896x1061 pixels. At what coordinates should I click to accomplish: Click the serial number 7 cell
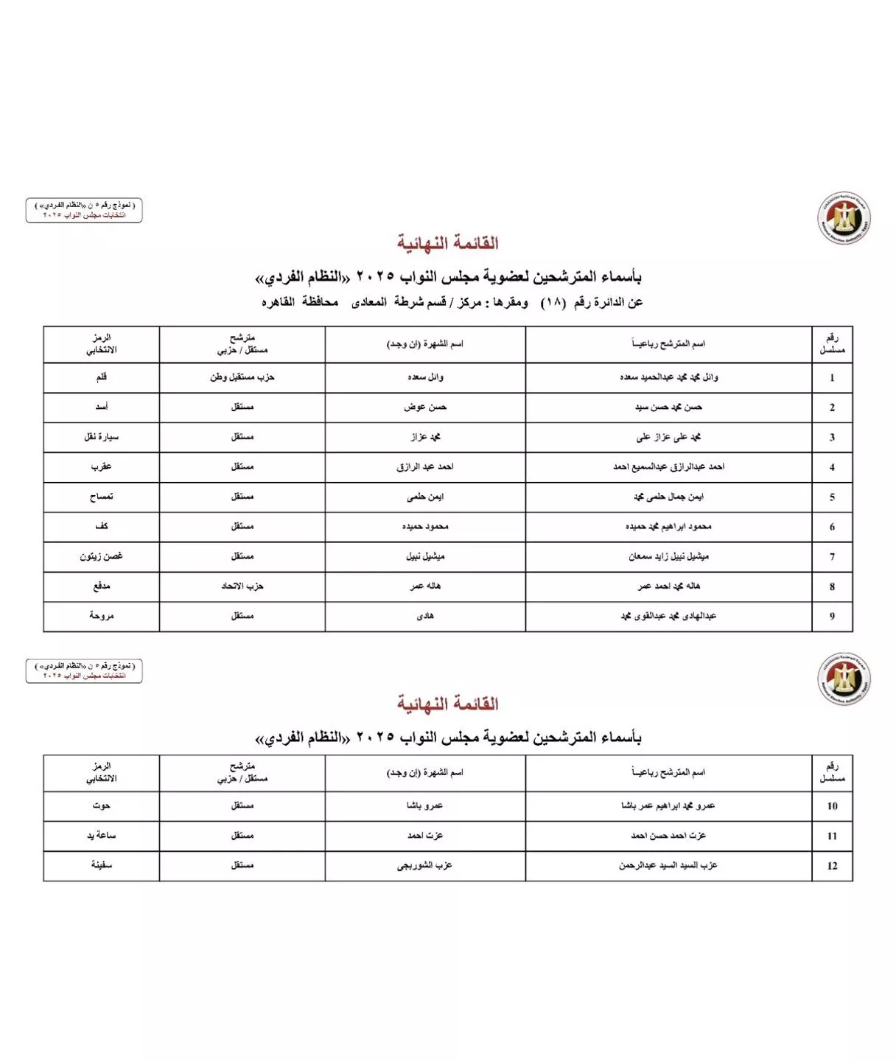click(832, 557)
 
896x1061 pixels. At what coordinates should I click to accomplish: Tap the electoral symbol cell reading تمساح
click(101, 497)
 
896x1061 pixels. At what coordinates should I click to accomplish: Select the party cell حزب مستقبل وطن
click(242, 377)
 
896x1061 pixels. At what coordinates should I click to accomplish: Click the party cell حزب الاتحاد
click(242, 586)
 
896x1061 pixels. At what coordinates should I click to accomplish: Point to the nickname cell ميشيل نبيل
click(425, 557)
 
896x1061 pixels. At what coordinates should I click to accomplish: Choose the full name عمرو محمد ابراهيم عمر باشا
click(668, 806)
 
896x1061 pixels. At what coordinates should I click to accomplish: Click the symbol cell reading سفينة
click(101, 866)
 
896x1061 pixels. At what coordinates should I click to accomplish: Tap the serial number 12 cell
click(832, 866)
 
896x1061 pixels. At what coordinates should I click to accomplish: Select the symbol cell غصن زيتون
click(101, 557)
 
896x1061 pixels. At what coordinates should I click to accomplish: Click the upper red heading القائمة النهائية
click(447, 243)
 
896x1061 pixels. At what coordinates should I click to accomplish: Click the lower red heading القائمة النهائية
click(447, 704)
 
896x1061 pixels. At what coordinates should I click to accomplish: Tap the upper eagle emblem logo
click(844, 218)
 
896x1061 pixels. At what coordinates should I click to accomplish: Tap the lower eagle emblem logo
click(844, 679)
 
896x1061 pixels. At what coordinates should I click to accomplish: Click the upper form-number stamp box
click(84, 210)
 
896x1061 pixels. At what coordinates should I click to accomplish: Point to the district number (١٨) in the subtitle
click(553, 303)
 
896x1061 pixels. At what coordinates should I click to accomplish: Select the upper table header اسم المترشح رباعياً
click(668, 344)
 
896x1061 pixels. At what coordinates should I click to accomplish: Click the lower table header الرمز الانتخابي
click(101, 772)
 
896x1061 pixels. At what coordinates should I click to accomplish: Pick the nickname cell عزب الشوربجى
click(425, 866)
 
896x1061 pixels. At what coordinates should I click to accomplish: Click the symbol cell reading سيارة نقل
click(101, 437)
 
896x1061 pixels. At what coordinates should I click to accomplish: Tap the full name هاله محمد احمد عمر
click(668, 586)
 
